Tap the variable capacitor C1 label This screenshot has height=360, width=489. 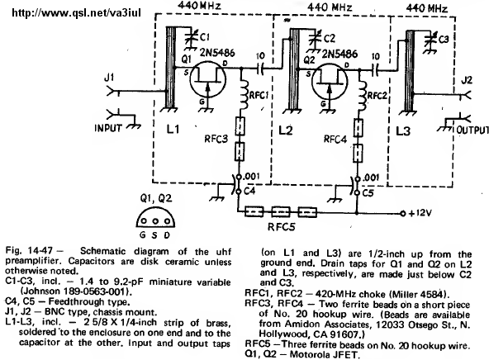205,37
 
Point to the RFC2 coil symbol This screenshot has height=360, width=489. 362,96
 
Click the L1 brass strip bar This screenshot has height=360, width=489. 170,68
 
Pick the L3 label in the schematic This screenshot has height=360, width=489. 402,131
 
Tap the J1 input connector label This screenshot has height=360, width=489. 109,77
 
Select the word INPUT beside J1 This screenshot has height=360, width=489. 108,128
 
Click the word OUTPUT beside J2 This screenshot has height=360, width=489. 472,130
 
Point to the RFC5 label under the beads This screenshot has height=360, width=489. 282,226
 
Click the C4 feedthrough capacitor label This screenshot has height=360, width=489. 249,191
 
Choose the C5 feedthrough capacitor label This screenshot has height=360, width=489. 368,193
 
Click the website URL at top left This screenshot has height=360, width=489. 76,12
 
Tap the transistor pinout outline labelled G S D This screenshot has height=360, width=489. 155,217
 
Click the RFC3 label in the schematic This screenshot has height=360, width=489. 216,139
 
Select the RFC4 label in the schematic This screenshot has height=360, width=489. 335,139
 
